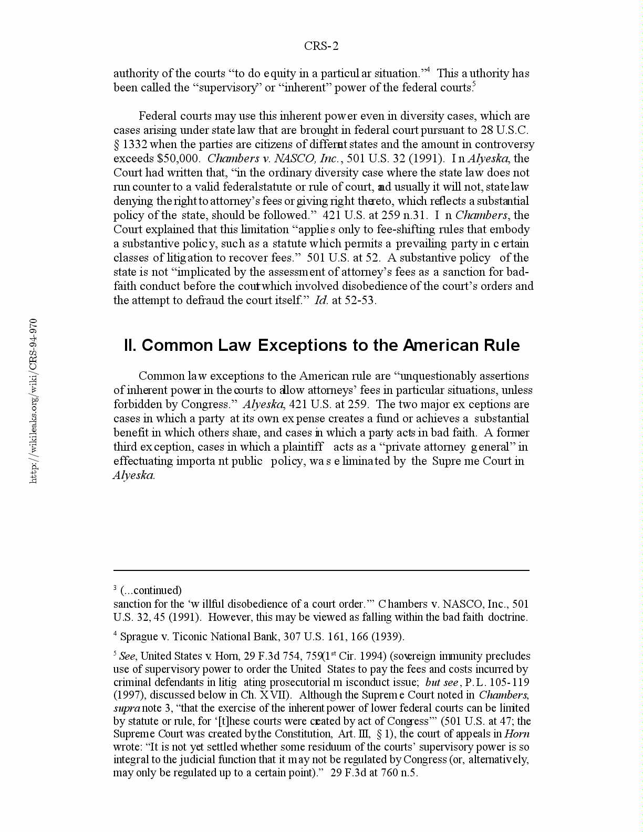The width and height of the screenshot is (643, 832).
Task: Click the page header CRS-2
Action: click(321, 46)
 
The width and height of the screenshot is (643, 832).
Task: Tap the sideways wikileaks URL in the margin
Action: click(33, 400)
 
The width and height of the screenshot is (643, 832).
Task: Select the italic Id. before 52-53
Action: click(321, 300)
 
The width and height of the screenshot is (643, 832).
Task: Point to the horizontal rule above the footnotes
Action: click(321, 570)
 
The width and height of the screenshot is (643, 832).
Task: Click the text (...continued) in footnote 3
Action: click(151, 590)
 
